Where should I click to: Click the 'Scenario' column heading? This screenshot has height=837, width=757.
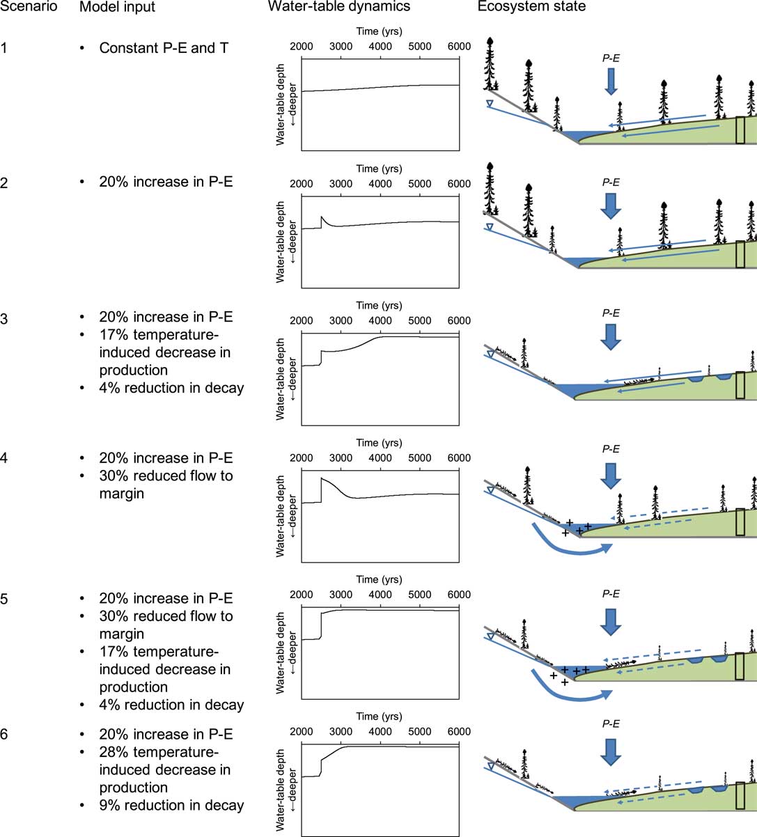pyautogui.click(x=29, y=6)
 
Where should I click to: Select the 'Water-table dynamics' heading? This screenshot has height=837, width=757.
pyautogui.click(x=339, y=6)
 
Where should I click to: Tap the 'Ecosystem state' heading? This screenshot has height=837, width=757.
pyautogui.click(x=531, y=6)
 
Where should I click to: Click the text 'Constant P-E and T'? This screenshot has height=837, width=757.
pyautogui.click(x=164, y=48)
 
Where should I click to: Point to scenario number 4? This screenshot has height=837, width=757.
pyautogui.click(x=3, y=458)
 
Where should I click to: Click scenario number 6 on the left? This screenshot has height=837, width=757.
pyautogui.click(x=3, y=735)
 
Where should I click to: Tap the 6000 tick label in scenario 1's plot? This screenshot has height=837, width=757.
pyautogui.click(x=459, y=47)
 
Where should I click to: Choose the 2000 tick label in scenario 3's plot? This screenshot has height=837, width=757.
pyautogui.click(x=302, y=320)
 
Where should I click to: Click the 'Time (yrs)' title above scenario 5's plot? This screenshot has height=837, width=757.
pyautogui.click(x=379, y=579)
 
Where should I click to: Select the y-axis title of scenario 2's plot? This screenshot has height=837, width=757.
pyautogui.click(x=286, y=242)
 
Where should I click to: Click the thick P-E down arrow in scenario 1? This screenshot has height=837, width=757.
pyautogui.click(x=611, y=81)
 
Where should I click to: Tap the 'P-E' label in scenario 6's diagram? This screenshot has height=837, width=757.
pyautogui.click(x=611, y=723)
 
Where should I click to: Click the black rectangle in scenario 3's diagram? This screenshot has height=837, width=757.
pyautogui.click(x=740, y=385)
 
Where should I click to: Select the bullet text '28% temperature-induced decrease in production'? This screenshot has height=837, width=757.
pyautogui.click(x=164, y=770)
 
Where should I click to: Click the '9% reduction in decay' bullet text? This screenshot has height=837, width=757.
pyautogui.click(x=171, y=805)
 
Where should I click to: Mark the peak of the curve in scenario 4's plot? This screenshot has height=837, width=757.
pyautogui.click(x=322, y=478)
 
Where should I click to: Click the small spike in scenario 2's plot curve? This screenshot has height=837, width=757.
pyautogui.click(x=322, y=217)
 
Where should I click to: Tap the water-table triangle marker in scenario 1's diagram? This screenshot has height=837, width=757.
pyautogui.click(x=490, y=104)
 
